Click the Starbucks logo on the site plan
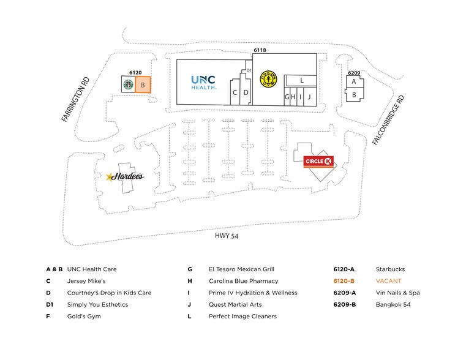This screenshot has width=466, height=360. pos(128,85)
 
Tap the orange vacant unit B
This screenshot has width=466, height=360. pos(142,85)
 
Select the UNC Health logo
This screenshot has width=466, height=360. pos(203,82)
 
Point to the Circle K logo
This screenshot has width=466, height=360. pos(318,161)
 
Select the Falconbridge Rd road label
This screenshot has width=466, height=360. pos(388,120)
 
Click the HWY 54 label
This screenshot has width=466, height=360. pos(226,236)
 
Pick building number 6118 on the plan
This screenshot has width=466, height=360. pos(260,50)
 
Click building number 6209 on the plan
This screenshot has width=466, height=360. pos(353,73)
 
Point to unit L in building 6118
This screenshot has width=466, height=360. pos(302,80)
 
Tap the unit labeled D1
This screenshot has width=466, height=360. pos(249,71)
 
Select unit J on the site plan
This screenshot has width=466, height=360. pos(309,97)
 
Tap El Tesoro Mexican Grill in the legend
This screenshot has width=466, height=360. pos(241,269)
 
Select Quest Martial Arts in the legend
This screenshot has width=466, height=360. pos(235,304)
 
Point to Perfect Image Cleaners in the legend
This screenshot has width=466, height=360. pos(242,317)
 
